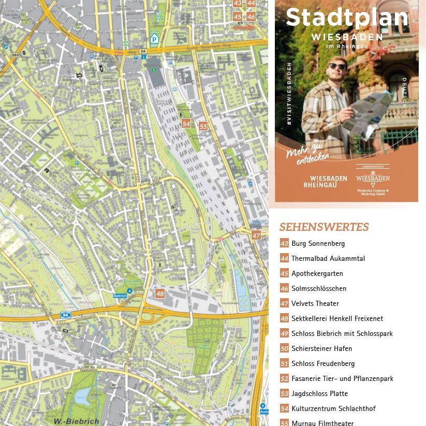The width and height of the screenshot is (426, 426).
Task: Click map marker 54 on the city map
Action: (x=186, y=124)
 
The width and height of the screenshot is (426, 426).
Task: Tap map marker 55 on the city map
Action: (x=203, y=126)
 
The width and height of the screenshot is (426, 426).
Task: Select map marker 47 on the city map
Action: (x=256, y=235)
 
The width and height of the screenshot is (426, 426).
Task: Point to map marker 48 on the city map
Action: (x=160, y=293)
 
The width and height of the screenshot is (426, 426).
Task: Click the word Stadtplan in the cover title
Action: (x=347, y=18)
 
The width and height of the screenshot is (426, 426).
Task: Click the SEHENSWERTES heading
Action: (x=324, y=227)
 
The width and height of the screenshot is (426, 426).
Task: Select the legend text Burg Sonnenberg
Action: (x=318, y=243)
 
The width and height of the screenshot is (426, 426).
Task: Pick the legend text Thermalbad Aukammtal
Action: (x=328, y=258)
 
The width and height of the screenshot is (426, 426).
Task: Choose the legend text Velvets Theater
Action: (x=315, y=303)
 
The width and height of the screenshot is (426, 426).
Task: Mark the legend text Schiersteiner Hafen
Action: (x=321, y=348)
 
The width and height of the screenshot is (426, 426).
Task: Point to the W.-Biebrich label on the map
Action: (x=77, y=421)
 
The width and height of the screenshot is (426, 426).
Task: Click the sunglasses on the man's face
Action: (x=337, y=66)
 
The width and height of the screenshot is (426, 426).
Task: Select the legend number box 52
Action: (x=284, y=378)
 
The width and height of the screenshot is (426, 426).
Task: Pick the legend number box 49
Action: (x=284, y=333)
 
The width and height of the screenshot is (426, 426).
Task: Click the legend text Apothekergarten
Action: (x=317, y=273)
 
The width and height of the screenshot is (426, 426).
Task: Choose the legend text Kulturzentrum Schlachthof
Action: (x=333, y=408)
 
